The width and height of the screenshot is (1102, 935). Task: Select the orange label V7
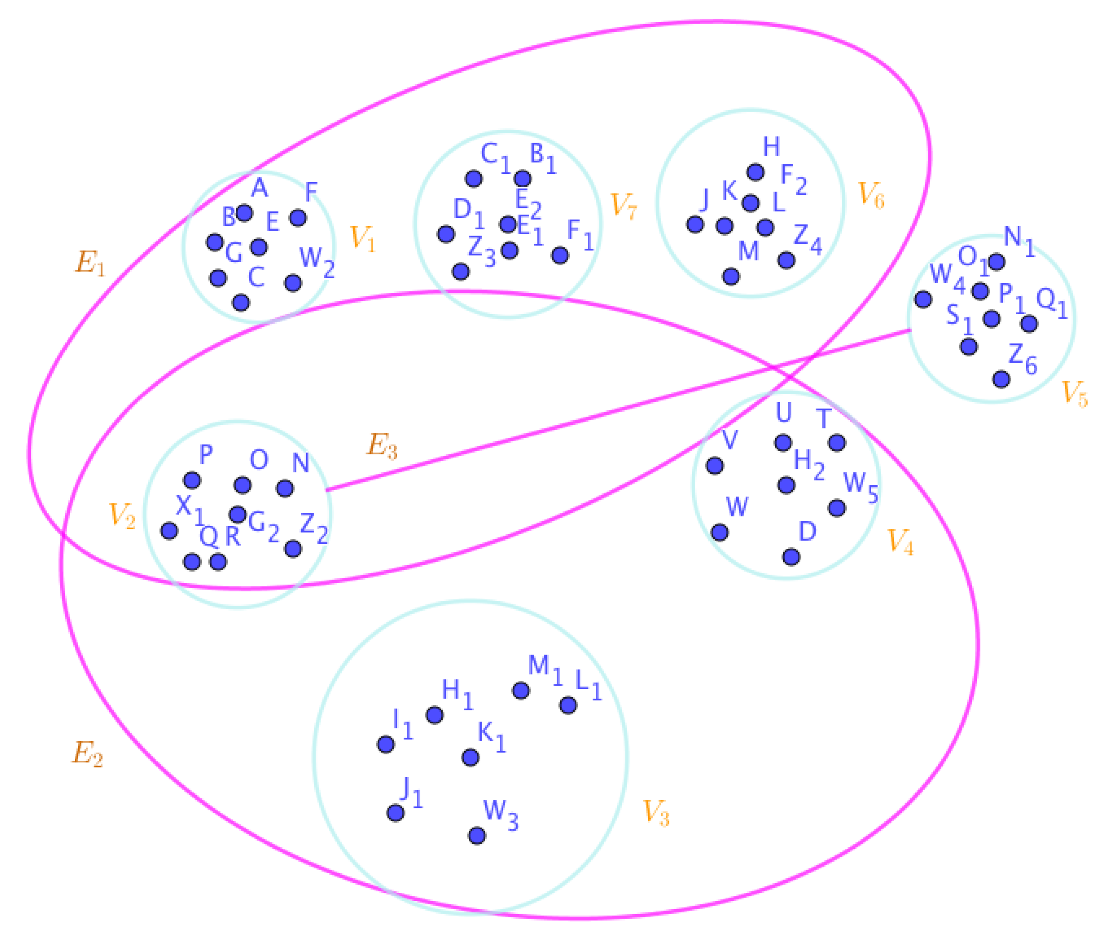(623, 206)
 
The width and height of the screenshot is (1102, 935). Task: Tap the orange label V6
(871, 195)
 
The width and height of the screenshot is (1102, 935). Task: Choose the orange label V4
(900, 541)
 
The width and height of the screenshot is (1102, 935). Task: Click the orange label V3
(656, 813)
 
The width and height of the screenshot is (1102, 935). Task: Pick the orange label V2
(122, 516)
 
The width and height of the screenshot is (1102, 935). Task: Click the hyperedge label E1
(90, 262)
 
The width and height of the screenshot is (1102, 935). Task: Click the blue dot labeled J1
(395, 812)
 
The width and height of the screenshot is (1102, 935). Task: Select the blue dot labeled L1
(568, 705)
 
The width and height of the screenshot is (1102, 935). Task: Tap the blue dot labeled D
(790, 557)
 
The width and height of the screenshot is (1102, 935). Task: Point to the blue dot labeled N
(284, 488)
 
